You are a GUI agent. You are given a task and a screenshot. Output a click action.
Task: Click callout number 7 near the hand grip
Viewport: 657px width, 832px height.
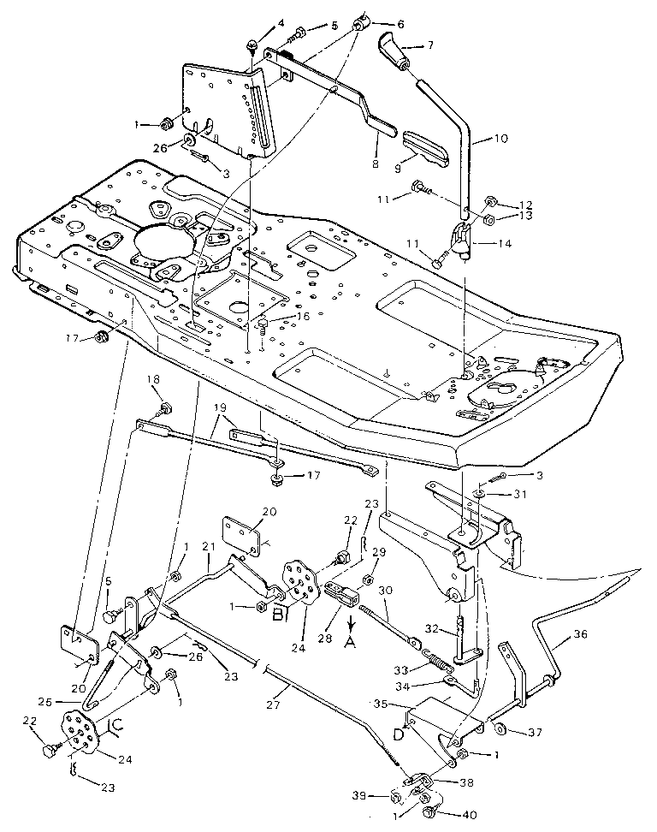(430, 44)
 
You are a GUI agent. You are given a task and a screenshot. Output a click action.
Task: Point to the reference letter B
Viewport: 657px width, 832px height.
(278, 613)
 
